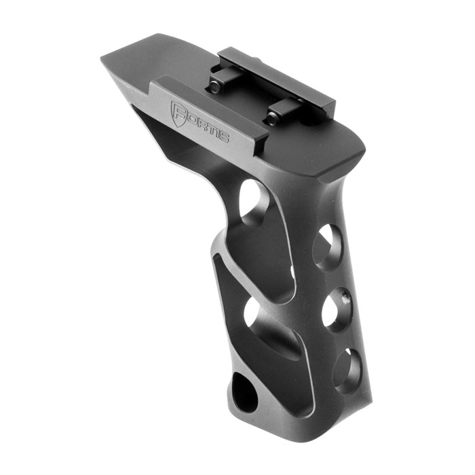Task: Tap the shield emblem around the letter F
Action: coord(178,113)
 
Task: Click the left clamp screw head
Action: coord(215,86)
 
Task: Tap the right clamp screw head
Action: coord(273,118)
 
